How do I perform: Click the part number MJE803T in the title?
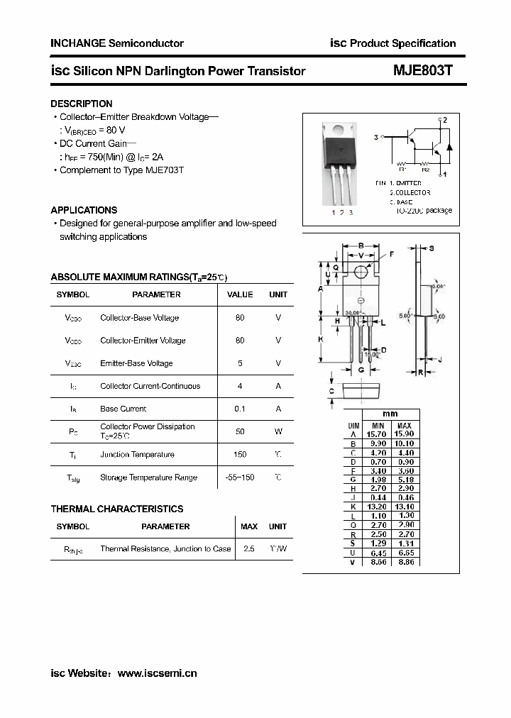tap(422, 71)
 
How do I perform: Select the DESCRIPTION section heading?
tap(82, 104)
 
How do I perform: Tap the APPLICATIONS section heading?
tap(84, 210)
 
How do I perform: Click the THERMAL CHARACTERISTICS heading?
tap(117, 509)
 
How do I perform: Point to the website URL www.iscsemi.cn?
tap(157, 673)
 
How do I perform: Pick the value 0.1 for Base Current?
tap(240, 409)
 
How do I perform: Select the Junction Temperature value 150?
tap(240, 454)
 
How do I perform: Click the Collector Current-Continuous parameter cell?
tap(150, 386)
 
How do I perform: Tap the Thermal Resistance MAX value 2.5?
tap(249, 548)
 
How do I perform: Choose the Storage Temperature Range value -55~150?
tap(240, 477)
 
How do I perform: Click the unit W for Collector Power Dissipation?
tap(278, 431)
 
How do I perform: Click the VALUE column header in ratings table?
tap(240, 294)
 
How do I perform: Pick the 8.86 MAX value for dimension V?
tap(405, 561)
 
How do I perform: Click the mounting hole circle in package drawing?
tap(361, 272)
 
